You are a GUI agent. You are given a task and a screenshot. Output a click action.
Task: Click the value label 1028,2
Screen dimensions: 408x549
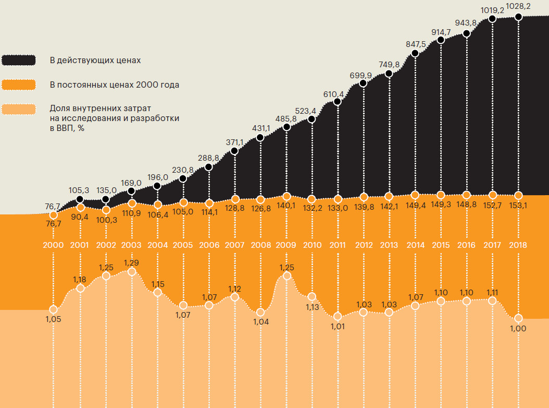(x=518, y=7)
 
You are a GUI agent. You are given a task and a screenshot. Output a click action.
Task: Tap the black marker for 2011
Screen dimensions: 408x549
(x=338, y=102)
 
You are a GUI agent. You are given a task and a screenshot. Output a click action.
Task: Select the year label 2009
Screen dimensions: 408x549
(x=286, y=245)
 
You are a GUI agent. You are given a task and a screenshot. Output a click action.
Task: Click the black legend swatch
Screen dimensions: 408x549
(x=18, y=60)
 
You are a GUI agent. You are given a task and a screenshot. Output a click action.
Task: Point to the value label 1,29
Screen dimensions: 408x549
(x=131, y=262)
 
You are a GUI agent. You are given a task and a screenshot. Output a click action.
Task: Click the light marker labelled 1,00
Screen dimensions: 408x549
(x=518, y=318)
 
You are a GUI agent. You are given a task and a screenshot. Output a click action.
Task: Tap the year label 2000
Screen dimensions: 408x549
(x=53, y=245)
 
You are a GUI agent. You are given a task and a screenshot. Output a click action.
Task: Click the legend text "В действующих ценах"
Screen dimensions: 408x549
(x=95, y=60)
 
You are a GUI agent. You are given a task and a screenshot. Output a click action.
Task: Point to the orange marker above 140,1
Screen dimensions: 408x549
(x=286, y=196)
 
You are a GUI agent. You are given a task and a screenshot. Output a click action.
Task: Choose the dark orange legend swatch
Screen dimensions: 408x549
(x=18, y=84)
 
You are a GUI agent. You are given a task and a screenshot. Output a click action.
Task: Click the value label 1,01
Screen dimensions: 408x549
(x=338, y=327)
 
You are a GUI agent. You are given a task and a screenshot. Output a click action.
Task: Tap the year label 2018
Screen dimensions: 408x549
(x=518, y=245)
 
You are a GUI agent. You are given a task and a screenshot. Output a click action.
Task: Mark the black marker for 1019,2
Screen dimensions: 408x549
(x=492, y=19)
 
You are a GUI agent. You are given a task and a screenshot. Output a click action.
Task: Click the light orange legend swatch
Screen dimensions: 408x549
(x=18, y=109)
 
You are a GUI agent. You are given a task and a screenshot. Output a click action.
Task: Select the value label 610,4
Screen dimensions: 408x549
(x=334, y=94)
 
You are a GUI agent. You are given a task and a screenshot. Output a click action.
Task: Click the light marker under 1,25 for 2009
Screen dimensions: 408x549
(x=286, y=277)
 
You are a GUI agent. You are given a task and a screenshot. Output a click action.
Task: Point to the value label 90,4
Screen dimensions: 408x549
(x=80, y=217)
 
